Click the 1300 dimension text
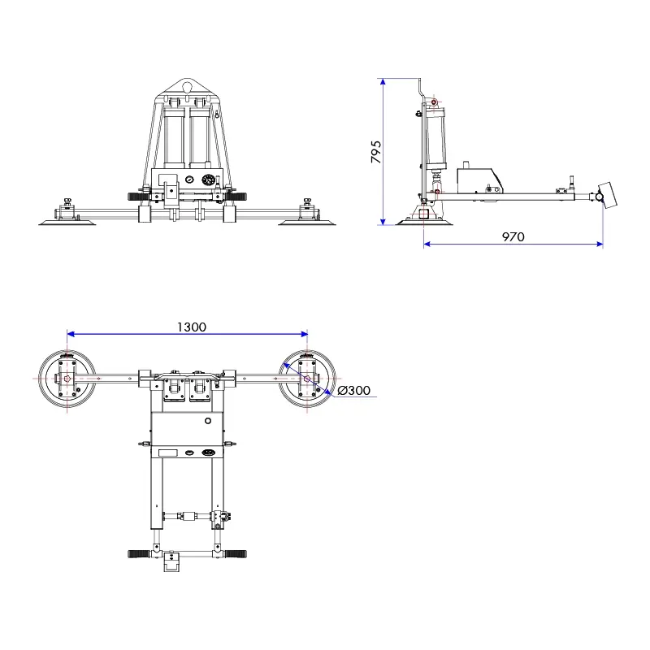point(191,327)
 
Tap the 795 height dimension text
point(375,152)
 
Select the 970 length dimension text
point(513,237)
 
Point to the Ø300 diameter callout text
point(353,391)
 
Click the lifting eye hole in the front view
point(188,84)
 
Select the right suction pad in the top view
point(307,379)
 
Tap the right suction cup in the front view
point(305,220)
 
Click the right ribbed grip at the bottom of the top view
point(236,554)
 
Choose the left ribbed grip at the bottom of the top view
point(140,554)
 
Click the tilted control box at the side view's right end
point(606,195)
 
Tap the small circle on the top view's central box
point(209,421)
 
